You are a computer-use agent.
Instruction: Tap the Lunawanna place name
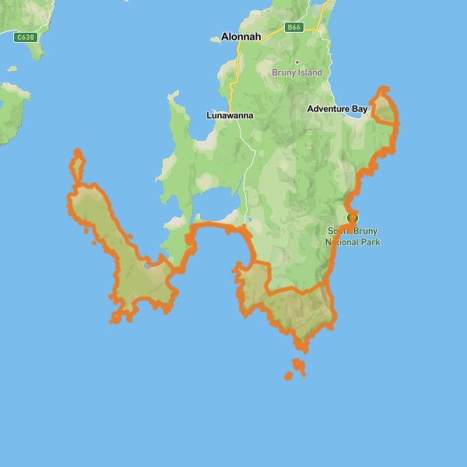[230, 115]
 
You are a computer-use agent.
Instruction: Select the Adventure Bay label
[336, 109]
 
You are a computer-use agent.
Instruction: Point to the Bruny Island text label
[297, 72]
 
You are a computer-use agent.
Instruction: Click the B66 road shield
[293, 27]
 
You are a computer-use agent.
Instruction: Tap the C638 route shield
[26, 36]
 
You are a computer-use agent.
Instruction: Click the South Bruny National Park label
[352, 237]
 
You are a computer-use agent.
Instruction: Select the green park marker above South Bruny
[352, 218]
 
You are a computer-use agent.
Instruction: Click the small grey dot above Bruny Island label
[297, 62]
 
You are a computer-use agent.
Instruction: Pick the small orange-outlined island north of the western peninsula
[77, 166]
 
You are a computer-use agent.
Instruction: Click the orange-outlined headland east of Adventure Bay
[384, 108]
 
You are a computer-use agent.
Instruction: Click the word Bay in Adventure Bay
[359, 109]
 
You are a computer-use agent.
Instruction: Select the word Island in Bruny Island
[308, 72]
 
